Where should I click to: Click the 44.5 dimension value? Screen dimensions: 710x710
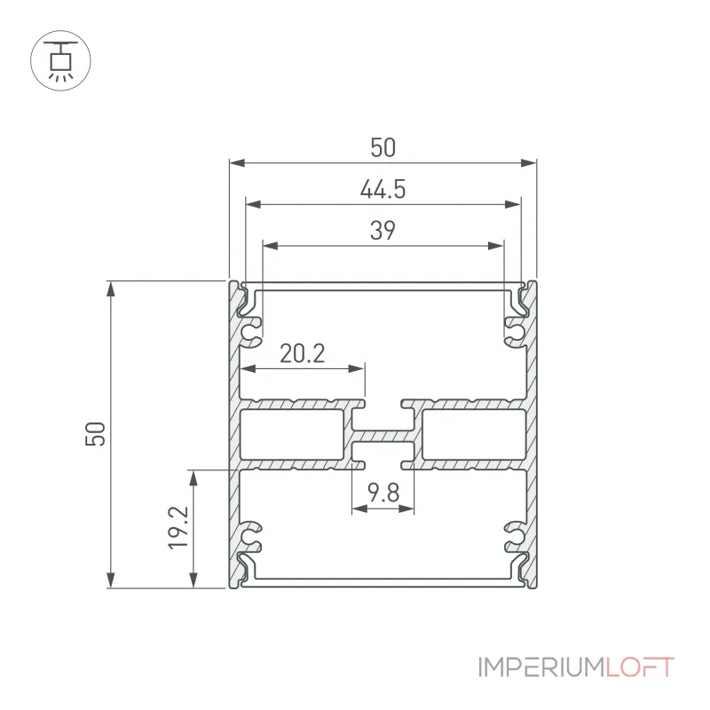coord(383,189)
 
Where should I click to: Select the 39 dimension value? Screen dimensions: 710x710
coord(383,230)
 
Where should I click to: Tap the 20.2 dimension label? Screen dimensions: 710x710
coord(302,353)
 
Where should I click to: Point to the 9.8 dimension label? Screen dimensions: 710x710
coord(383,493)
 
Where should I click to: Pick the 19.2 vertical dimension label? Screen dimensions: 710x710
coord(178,528)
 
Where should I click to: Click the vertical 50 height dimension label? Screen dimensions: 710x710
coord(95,434)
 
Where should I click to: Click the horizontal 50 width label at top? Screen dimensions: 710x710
coord(383,147)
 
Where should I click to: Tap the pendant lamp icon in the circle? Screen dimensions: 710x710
coord(60,60)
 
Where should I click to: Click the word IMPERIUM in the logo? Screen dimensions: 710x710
coord(541,667)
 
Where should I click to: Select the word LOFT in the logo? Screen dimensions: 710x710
coord(640,667)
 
